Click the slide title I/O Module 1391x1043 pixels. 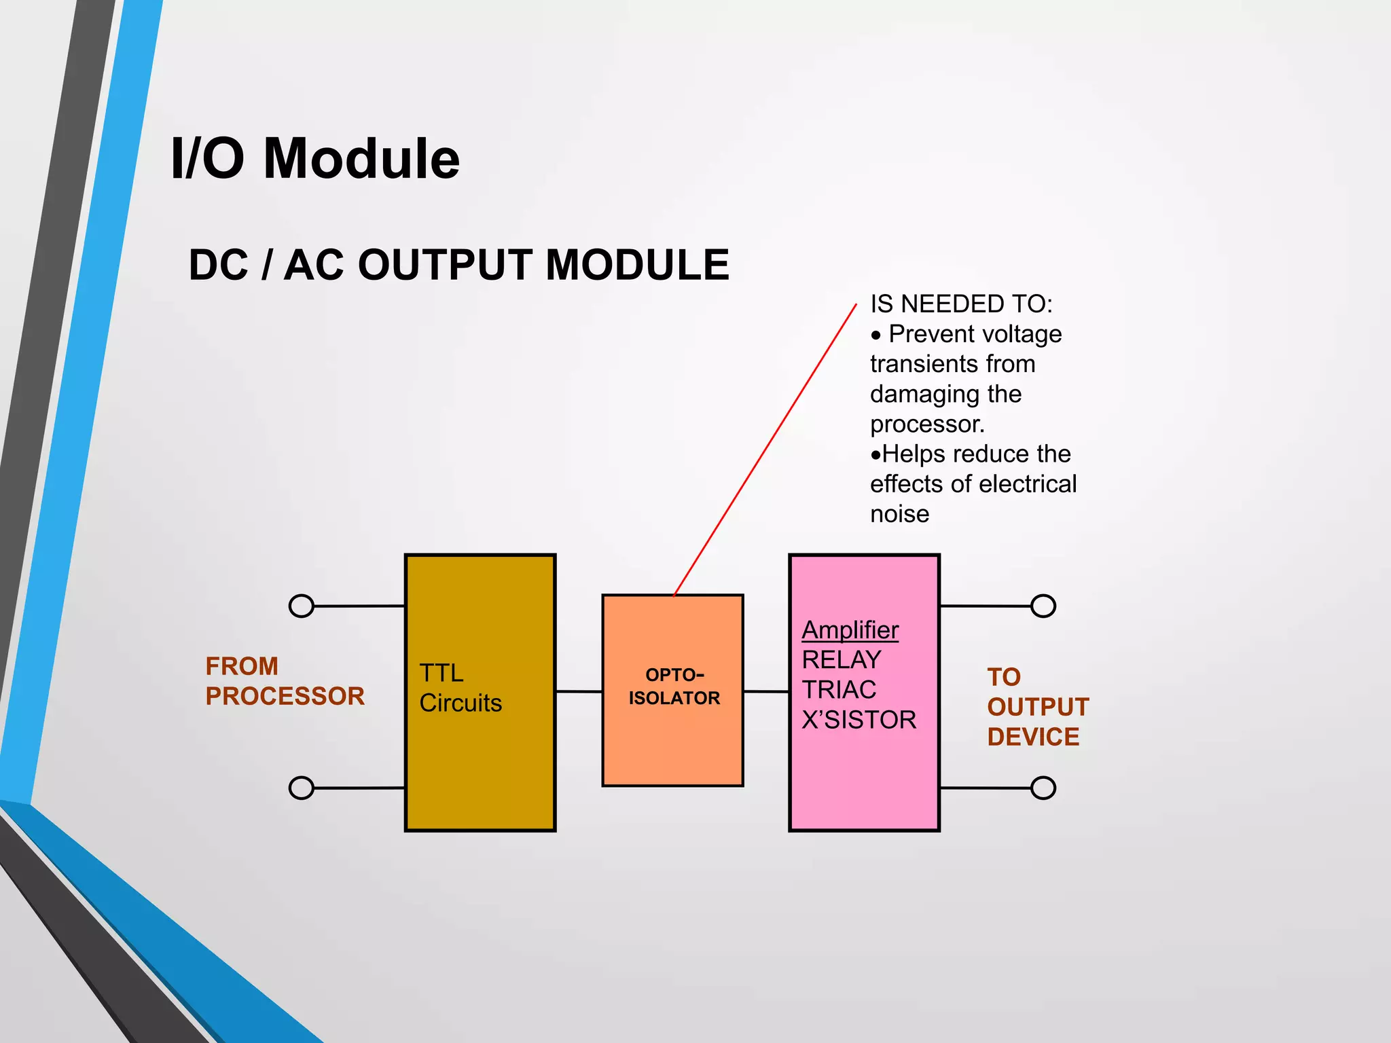314,158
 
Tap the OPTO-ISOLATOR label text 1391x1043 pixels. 674,687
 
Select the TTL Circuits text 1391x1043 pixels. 460,688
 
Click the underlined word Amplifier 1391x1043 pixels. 850,630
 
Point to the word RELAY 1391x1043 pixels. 841,660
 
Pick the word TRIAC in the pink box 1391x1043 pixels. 839,690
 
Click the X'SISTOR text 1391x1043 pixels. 859,720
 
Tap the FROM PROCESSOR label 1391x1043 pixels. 284,681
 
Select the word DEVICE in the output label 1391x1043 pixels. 1032,737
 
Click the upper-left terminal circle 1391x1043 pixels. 302,606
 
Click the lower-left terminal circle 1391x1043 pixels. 302,788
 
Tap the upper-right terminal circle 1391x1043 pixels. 1043,606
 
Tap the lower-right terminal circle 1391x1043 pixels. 1043,788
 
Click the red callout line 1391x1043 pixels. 765,450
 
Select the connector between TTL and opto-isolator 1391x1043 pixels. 579,691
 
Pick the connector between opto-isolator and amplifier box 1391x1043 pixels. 766,691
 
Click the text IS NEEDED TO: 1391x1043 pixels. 960,304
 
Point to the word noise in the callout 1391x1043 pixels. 899,514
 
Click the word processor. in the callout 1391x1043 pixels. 927,424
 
